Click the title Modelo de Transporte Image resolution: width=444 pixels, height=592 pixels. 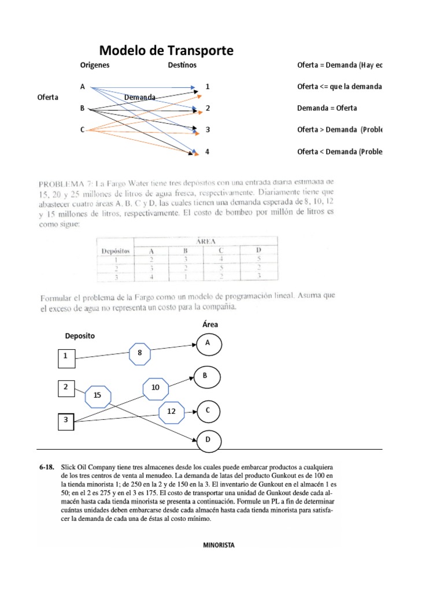click(167, 51)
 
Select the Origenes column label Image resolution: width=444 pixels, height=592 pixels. click(95, 65)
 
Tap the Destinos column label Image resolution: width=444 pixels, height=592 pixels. click(182, 65)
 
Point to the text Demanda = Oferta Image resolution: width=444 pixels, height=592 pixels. click(327, 108)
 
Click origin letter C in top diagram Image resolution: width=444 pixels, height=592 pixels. click(83, 130)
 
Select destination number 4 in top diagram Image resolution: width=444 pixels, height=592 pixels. click(208, 152)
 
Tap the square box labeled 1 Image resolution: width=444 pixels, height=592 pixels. click(66, 358)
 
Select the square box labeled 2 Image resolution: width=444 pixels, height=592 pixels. click(66, 388)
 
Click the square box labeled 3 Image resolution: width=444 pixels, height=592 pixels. click(66, 421)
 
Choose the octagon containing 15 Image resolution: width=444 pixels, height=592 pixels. click(97, 397)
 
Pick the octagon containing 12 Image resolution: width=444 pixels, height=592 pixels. click(171, 411)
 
